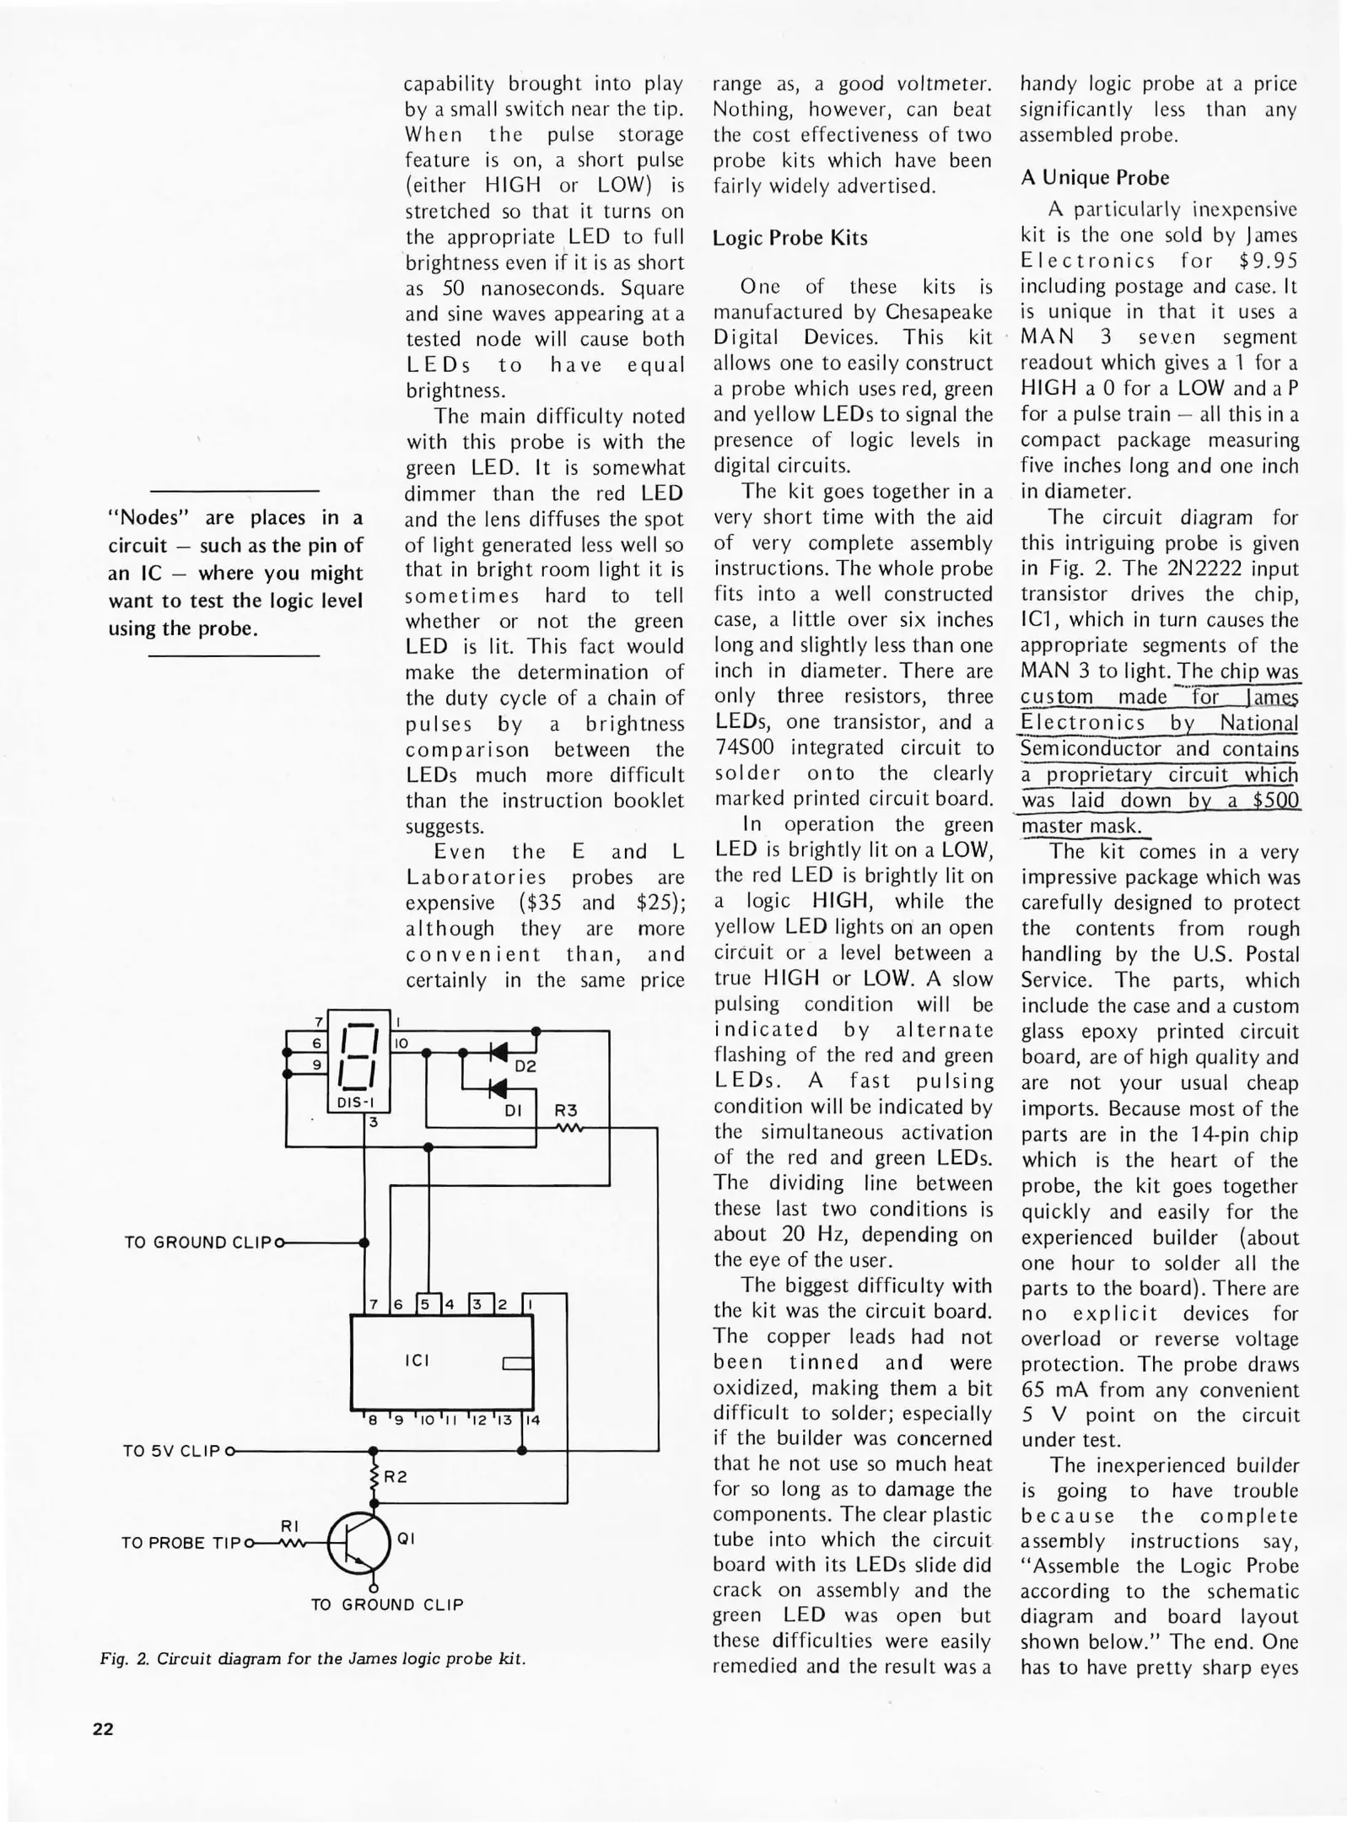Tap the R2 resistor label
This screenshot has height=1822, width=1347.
point(396,1477)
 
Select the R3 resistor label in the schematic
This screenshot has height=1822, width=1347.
point(566,1111)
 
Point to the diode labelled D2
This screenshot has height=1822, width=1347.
point(499,1052)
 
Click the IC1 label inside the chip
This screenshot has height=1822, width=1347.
point(417,1361)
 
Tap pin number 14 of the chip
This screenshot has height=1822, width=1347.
point(532,1420)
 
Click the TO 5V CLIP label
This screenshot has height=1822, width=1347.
point(172,1451)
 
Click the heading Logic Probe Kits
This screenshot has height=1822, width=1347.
point(789,238)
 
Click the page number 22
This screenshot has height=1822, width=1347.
point(103,1729)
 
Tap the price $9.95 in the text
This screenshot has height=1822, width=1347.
point(1268,261)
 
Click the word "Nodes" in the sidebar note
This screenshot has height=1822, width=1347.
point(140,517)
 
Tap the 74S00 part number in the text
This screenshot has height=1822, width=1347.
point(745,747)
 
